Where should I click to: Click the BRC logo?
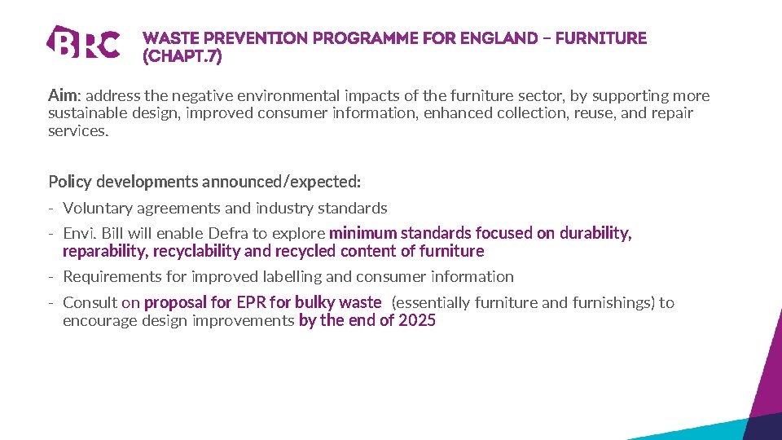click(x=83, y=42)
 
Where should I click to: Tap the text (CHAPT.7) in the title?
click(x=182, y=57)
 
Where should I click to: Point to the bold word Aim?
click(x=61, y=96)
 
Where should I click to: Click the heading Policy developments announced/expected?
click(x=204, y=181)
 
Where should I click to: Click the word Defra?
click(x=229, y=234)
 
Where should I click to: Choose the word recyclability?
click(x=196, y=251)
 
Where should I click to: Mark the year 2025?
click(x=417, y=320)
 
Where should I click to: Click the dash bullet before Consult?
click(x=51, y=303)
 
